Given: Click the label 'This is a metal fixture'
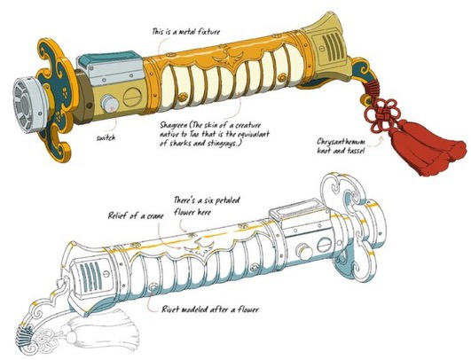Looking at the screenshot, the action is tap(186, 32).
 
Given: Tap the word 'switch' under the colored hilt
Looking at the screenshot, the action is tap(106, 137).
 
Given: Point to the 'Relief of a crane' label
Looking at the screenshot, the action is tap(136, 215).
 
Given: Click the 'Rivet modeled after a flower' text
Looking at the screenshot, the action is tap(210, 309).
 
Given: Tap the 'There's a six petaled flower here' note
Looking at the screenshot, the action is tap(207, 206).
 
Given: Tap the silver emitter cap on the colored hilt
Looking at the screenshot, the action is tap(27, 102).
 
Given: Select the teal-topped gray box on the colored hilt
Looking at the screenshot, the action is tap(110, 67).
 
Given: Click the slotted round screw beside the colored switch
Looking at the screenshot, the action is tap(132, 98).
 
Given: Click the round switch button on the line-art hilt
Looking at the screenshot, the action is tap(304, 252).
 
